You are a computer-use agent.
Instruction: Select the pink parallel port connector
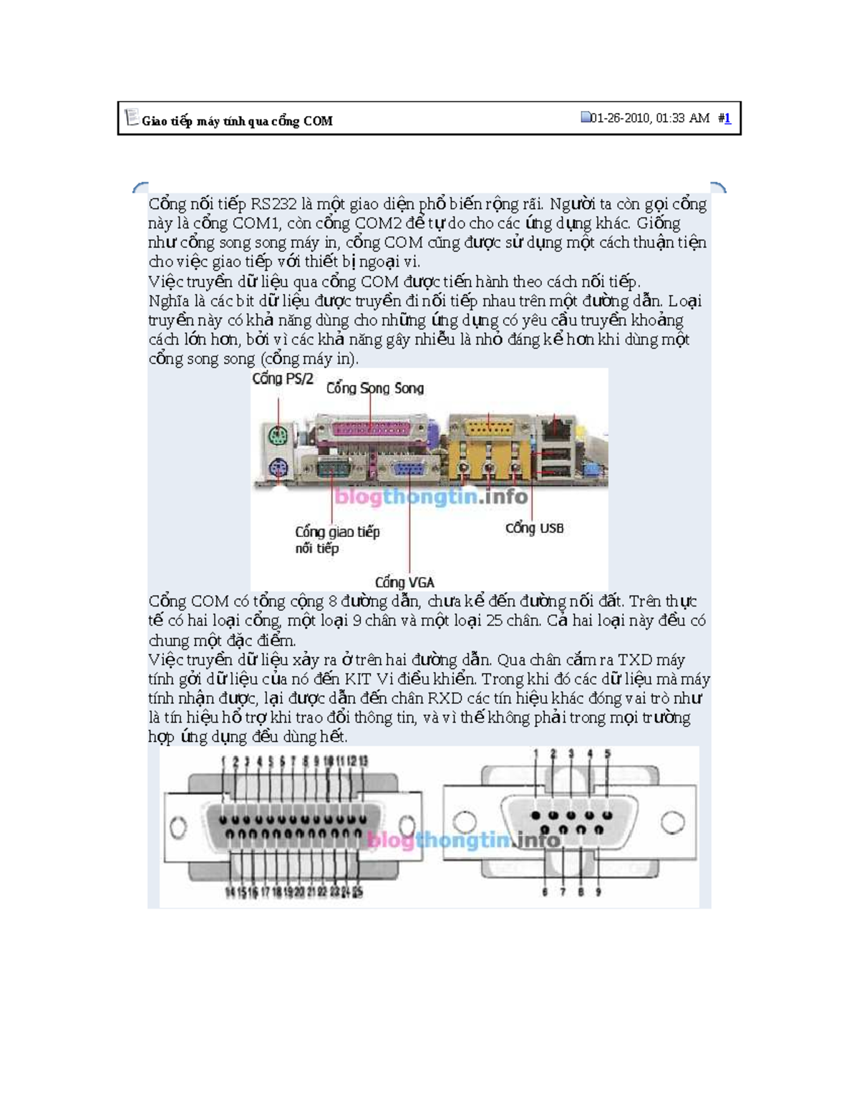pos(370,429)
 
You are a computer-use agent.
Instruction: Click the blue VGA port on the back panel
pos(408,470)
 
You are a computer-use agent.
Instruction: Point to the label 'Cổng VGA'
pos(404,582)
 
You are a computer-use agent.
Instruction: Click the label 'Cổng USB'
pos(534,528)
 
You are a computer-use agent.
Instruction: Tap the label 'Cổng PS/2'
pos(282,379)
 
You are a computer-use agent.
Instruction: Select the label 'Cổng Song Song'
pos(375,388)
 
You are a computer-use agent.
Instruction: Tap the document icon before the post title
pos(131,117)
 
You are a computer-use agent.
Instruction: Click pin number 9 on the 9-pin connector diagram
pos(598,892)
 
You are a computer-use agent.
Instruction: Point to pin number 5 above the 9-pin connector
pos(608,754)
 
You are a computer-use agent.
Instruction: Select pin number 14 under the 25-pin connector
pos(230,892)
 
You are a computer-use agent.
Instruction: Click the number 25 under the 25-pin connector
pos(357,892)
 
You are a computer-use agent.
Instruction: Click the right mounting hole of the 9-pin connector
pos(672,823)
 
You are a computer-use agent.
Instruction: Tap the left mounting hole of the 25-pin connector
pos(178,828)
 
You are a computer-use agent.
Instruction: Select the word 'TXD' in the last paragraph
pos(634,660)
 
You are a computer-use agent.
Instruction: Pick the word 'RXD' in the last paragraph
pos(445,698)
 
